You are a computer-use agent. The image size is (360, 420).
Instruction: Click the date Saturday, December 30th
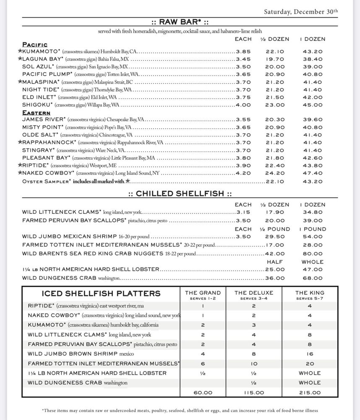click(x=300, y=12)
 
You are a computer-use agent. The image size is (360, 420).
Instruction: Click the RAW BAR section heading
click(x=180, y=22)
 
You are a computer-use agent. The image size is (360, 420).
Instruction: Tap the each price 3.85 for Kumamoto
click(x=243, y=52)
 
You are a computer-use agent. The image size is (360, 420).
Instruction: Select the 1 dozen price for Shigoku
click(x=313, y=105)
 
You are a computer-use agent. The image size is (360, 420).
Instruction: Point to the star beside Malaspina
click(x=20, y=82)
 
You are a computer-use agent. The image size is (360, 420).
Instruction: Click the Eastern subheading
click(x=36, y=113)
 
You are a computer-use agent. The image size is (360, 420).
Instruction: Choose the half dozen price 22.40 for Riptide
click(x=275, y=165)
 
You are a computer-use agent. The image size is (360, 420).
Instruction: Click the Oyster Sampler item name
click(x=46, y=181)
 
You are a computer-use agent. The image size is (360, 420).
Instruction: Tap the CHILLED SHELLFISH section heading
click(x=180, y=194)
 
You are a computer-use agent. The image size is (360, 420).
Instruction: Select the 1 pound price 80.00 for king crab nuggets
click(x=313, y=254)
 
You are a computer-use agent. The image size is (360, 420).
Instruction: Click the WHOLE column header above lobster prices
click(x=313, y=262)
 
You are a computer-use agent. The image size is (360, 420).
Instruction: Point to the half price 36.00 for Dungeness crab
click(x=275, y=278)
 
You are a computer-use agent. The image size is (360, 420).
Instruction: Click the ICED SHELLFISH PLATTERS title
click(x=101, y=293)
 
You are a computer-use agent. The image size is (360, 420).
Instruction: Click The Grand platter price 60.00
click(x=203, y=393)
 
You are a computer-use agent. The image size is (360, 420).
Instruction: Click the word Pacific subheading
click(x=35, y=45)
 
